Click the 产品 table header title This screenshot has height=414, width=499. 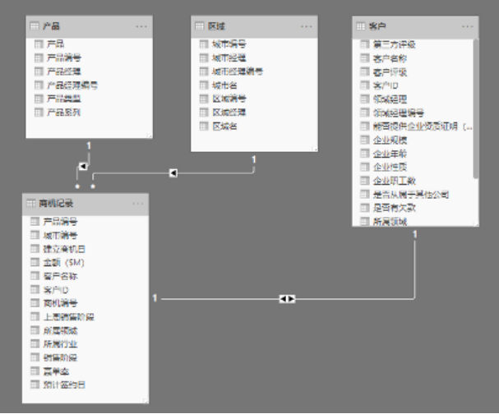pyautogui.click(x=50, y=26)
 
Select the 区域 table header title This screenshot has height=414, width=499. pyautogui.click(x=216, y=26)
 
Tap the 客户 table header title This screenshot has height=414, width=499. pyautogui.click(x=378, y=26)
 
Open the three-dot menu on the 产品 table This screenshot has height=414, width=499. pyautogui.click(x=141, y=26)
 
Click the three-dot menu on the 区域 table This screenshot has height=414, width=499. pyautogui.click(x=307, y=26)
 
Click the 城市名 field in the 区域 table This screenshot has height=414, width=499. pyautogui.click(x=225, y=85)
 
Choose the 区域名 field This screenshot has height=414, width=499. pyautogui.click(x=225, y=126)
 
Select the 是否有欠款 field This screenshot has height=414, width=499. pyautogui.click(x=394, y=208)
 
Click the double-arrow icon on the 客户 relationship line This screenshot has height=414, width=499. pyautogui.click(x=287, y=299)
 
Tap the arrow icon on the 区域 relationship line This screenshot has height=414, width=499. pyautogui.click(x=173, y=172)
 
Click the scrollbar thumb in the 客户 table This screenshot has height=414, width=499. pyautogui.click(x=475, y=107)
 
